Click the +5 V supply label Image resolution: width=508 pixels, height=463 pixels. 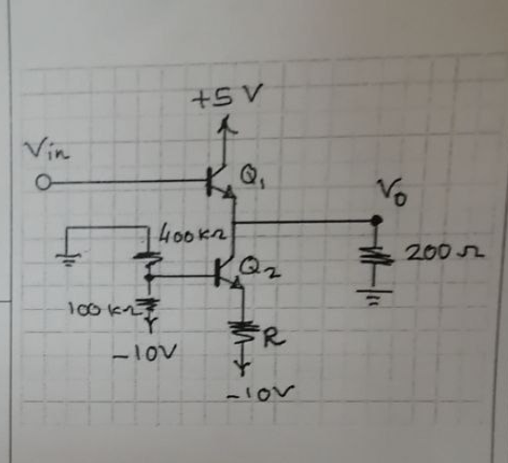[x=227, y=96]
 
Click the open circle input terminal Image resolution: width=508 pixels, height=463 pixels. [x=43, y=182]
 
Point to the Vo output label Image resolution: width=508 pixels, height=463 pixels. [x=392, y=192]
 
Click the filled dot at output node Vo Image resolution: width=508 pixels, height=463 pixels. [x=376, y=220]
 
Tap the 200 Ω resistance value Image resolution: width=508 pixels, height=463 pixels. [x=445, y=253]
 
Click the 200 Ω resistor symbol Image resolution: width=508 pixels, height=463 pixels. [x=376, y=255]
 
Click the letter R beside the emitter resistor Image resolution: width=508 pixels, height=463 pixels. [x=274, y=339]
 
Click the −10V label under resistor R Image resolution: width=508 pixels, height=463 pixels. [x=260, y=393]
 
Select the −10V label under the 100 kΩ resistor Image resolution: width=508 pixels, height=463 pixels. [x=144, y=353]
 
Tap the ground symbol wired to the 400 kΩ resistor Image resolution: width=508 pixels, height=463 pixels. [x=68, y=259]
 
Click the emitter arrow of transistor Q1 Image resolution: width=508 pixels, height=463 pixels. [x=230, y=192]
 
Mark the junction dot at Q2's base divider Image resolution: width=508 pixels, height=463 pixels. [x=148, y=277]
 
